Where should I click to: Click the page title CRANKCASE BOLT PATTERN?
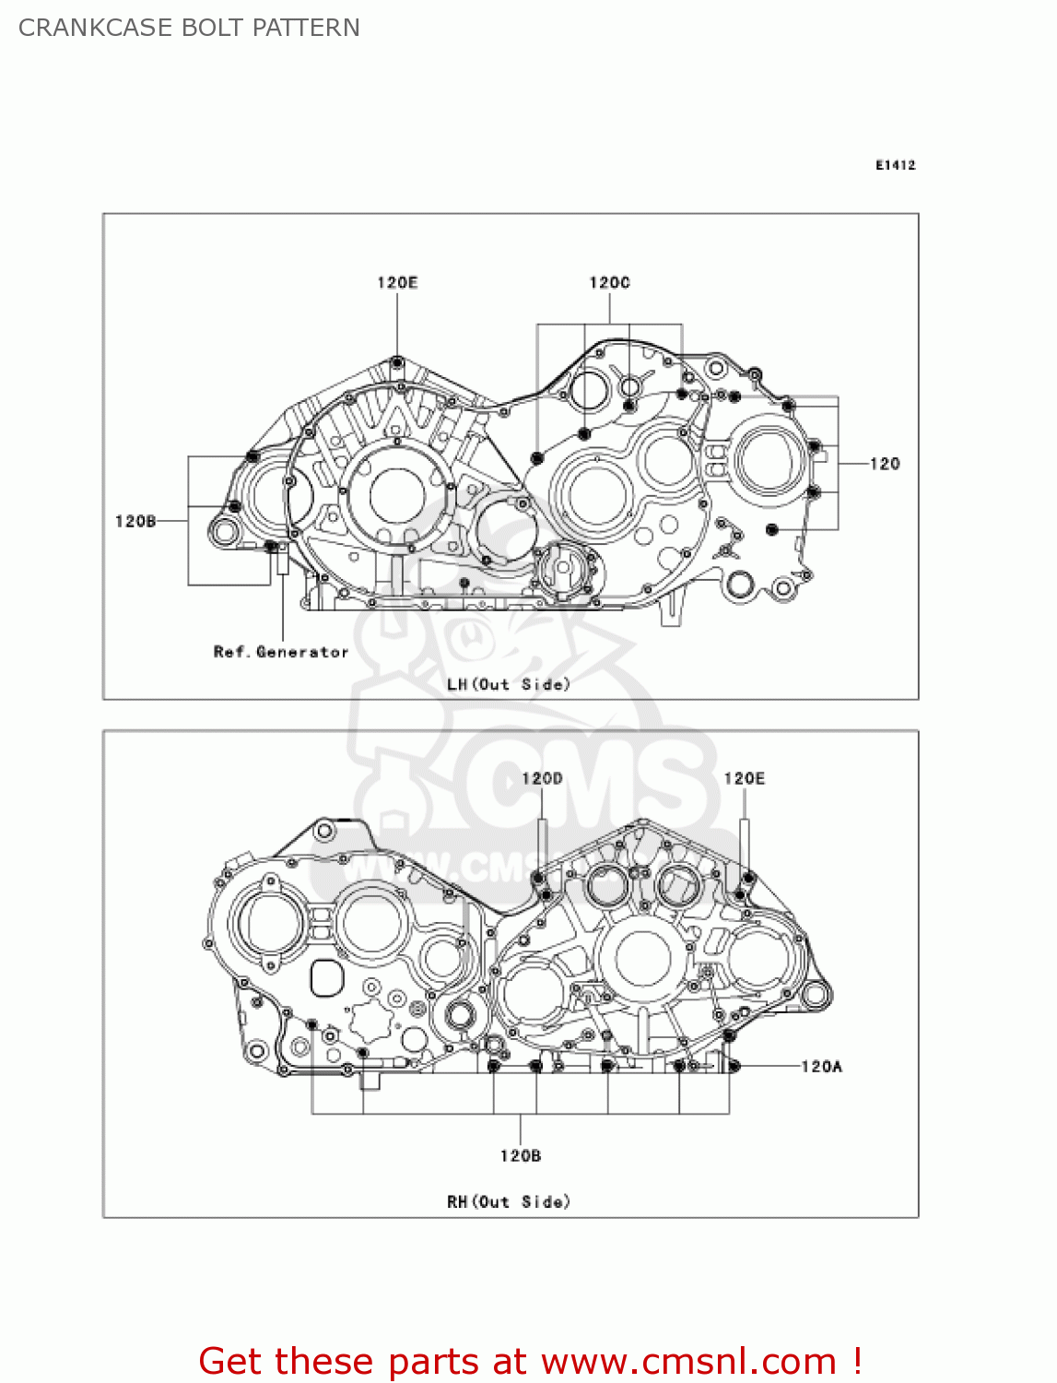click(189, 28)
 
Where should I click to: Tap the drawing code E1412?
click(895, 165)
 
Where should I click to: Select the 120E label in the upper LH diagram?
click(397, 282)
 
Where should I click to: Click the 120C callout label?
click(609, 282)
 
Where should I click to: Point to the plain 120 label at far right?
click(885, 464)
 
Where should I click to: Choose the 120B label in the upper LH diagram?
click(135, 522)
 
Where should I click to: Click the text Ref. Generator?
click(281, 652)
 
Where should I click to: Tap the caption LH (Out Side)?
click(509, 684)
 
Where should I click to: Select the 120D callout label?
click(542, 778)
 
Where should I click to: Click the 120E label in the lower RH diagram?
click(745, 778)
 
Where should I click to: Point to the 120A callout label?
click(822, 1067)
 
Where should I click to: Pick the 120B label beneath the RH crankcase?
click(521, 1155)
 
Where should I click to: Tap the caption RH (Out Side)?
click(509, 1201)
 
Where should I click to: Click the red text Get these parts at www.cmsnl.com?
click(530, 1361)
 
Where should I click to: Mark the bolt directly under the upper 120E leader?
click(397, 361)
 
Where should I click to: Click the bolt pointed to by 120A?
click(734, 1067)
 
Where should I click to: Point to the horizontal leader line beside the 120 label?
click(853, 464)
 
